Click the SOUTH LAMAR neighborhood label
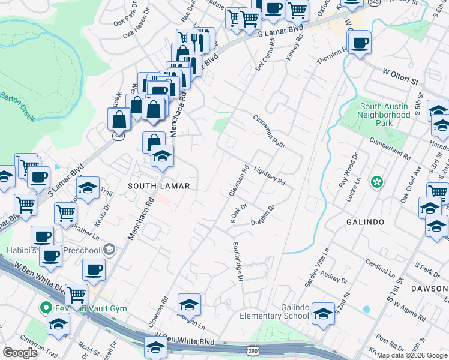pos(158,187)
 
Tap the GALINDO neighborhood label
pos(364,222)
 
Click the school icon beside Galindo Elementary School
pos(324,313)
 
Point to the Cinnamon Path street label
pos(268,131)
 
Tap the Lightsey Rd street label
pos(268,175)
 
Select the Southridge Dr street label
pos(237,261)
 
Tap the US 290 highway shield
pos(252,349)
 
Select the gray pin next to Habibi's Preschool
pos(109,248)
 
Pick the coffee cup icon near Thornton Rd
pos(360,43)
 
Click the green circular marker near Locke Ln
pos(377,181)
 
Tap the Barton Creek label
pos(17,106)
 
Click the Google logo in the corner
pos(20,353)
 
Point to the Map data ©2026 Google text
pos(412,355)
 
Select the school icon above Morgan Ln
pos(189,305)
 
